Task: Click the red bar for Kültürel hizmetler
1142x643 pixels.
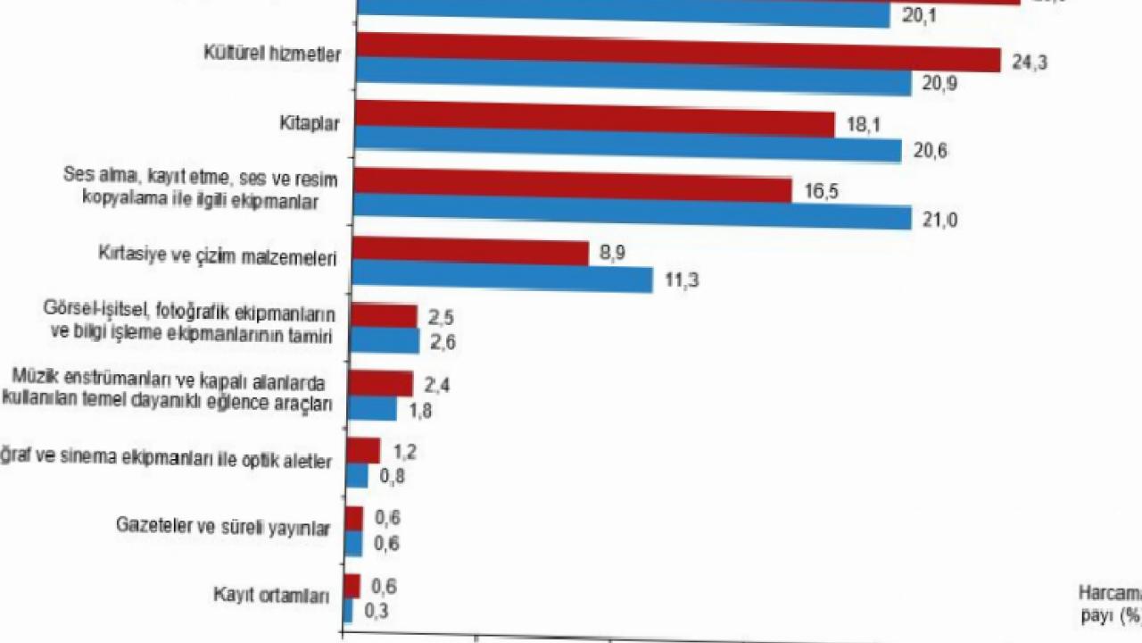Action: click(678, 53)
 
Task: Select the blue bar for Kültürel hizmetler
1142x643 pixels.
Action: click(633, 79)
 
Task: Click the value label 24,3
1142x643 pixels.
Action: click(1029, 63)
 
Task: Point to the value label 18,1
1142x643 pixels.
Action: click(862, 125)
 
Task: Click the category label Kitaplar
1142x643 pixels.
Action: click(309, 124)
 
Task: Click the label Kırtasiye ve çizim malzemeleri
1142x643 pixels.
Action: click(217, 257)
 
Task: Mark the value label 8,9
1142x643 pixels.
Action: click(612, 254)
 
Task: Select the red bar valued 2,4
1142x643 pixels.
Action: click(381, 384)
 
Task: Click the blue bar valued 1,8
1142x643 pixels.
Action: click(372, 409)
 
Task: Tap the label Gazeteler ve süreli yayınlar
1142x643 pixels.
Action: click(223, 527)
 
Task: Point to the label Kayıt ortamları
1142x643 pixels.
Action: click(271, 596)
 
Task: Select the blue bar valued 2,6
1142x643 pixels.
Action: click(385, 341)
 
